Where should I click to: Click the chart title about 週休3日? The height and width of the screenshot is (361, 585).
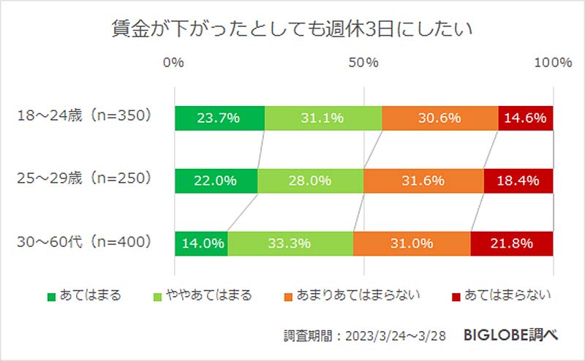[x=292, y=29]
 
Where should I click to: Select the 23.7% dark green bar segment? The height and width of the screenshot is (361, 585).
[x=219, y=118]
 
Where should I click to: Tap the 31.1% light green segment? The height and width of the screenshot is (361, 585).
[x=322, y=118]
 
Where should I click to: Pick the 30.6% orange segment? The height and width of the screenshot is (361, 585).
[x=439, y=118]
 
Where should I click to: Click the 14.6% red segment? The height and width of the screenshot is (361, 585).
[x=526, y=118]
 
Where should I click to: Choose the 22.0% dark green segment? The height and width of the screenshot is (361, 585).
[x=216, y=180]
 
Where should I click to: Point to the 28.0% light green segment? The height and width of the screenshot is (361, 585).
[x=310, y=180]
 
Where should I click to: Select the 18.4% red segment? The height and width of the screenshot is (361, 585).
[x=518, y=180]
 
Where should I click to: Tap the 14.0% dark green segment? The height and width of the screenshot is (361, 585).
[x=201, y=243]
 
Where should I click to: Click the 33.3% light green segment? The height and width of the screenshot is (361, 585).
[x=290, y=243]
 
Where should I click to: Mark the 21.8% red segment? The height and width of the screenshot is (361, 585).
[x=512, y=243]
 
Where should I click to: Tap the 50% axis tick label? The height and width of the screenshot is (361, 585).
[x=363, y=63]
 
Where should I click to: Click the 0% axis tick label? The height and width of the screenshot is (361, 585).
[x=173, y=63]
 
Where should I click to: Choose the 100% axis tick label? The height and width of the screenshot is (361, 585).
[x=552, y=63]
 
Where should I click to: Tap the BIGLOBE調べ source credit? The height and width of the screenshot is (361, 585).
[x=511, y=335]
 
